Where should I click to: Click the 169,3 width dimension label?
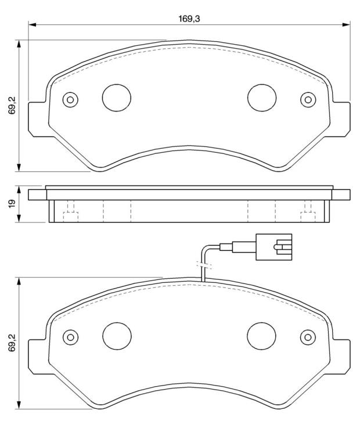(x=189, y=19)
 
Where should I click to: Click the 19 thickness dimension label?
(x=12, y=204)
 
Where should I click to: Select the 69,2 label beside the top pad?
(x=12, y=105)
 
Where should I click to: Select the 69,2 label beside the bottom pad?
(x=12, y=343)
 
